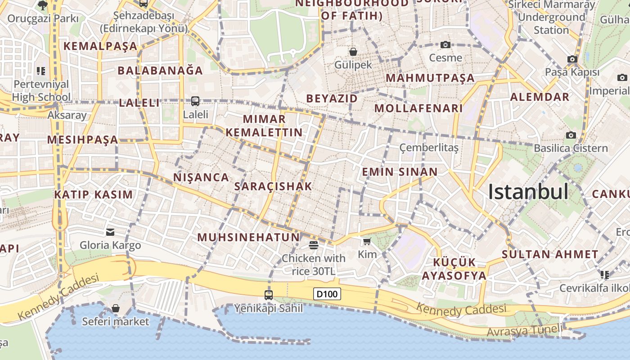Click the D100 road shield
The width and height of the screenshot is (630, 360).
pos(327,294)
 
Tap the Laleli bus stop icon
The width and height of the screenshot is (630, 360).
pos(195,101)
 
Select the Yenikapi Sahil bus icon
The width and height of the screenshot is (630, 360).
pos(269,295)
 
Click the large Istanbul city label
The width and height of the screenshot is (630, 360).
pos(528,192)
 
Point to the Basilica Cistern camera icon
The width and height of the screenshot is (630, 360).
pos(571,135)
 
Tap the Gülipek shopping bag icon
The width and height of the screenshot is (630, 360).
pos(353,52)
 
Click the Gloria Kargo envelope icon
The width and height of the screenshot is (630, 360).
pos(110,232)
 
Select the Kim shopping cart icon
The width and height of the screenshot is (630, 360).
pos(367,242)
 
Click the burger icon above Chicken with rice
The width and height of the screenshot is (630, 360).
pos(314,245)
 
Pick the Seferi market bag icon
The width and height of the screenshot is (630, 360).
pos(116,308)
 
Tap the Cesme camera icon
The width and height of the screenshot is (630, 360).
pos(445,45)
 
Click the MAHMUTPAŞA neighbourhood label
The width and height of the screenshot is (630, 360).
pos(430,78)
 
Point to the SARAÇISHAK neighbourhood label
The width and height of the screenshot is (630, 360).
pos(273,186)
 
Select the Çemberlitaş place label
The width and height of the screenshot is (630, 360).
pos(429,148)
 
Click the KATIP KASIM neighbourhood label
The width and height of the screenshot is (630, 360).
pos(94,194)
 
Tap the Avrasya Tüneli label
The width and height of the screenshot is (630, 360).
pos(525,330)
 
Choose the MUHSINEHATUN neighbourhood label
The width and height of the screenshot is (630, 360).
pos(248,237)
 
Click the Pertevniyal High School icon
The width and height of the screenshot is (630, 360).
pos(41,71)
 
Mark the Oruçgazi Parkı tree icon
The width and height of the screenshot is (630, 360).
pos(43,5)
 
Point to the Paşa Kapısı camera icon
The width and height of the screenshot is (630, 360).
pos(572,59)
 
